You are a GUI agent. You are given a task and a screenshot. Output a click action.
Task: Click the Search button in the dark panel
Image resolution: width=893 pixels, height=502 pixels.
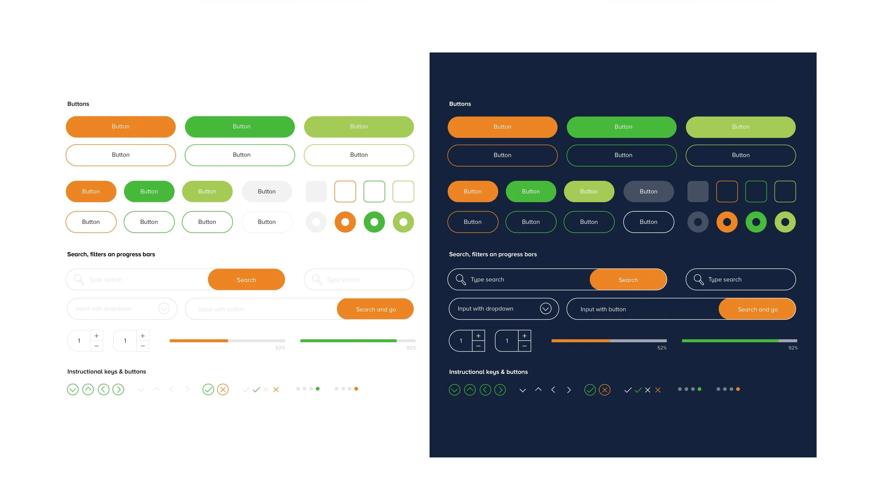pyautogui.click(x=628, y=280)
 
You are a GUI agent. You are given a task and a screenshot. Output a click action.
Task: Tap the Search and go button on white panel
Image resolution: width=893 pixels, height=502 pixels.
pyautogui.click(x=375, y=309)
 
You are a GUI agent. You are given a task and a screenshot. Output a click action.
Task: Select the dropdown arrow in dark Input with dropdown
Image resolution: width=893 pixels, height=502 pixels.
pyautogui.click(x=545, y=308)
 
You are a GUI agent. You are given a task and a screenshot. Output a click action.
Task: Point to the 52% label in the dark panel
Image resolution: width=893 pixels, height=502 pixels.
pyautogui.click(x=662, y=348)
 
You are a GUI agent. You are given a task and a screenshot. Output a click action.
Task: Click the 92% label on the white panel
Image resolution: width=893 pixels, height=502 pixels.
pyautogui.click(x=411, y=348)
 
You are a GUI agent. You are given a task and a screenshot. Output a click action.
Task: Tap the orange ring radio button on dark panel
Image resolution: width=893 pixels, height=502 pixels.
pyautogui.click(x=727, y=222)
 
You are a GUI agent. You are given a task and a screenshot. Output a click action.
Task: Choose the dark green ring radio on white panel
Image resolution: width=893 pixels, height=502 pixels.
pyautogui.click(x=374, y=222)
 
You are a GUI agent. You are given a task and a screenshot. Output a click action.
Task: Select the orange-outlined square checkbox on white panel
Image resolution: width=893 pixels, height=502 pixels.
pyautogui.click(x=345, y=191)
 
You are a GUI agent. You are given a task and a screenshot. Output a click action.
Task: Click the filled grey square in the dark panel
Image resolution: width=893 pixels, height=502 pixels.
pyautogui.click(x=698, y=191)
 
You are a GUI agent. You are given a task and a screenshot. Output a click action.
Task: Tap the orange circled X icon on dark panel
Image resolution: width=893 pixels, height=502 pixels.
pyautogui.click(x=604, y=390)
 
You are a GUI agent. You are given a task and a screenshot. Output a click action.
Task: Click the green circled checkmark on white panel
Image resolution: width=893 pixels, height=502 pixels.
pyautogui.click(x=208, y=389)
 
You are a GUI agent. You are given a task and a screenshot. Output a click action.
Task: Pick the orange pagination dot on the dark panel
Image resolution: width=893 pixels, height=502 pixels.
pyautogui.click(x=738, y=389)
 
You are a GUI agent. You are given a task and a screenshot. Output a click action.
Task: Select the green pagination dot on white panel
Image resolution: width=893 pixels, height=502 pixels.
pyautogui.click(x=318, y=388)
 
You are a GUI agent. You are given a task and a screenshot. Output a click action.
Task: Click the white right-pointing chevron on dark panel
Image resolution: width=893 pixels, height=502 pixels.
pyautogui.click(x=569, y=390)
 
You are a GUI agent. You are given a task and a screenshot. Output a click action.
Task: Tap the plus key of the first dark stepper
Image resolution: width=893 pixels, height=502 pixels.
pyautogui.click(x=478, y=336)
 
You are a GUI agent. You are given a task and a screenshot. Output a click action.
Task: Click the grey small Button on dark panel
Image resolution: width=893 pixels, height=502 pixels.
pyautogui.click(x=648, y=191)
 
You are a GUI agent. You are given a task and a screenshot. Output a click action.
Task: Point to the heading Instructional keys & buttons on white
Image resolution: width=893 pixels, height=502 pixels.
pyautogui.click(x=106, y=371)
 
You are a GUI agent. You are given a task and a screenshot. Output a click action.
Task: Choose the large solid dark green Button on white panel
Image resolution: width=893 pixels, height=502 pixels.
pyautogui.click(x=240, y=126)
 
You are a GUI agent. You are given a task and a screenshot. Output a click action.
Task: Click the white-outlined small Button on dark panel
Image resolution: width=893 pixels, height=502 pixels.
pyautogui.click(x=648, y=222)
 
